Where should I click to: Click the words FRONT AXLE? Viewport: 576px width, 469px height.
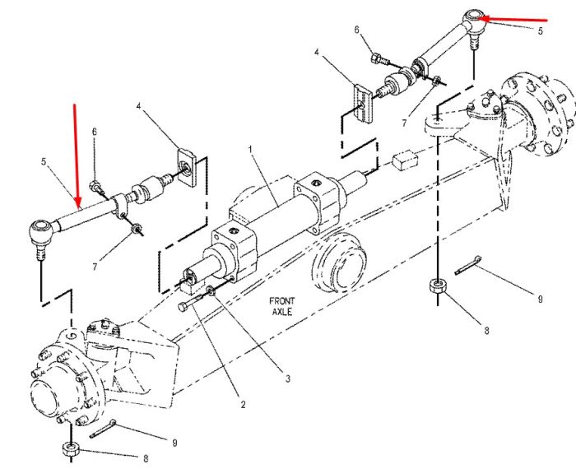[x=282, y=306]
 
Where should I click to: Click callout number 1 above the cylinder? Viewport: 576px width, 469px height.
[x=250, y=149]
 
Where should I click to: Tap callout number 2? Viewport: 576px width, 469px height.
[x=243, y=404]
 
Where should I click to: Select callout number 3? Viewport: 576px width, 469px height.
[x=288, y=378]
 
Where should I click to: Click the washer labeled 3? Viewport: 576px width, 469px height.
[x=211, y=290]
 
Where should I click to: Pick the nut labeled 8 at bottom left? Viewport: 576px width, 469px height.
[x=70, y=449]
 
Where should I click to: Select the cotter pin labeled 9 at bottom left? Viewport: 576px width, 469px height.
[x=103, y=429]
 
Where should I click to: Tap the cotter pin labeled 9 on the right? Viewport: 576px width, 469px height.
[x=467, y=265]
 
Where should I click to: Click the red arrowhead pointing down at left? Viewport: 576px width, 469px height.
[x=77, y=202]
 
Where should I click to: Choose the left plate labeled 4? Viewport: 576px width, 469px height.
[x=188, y=167]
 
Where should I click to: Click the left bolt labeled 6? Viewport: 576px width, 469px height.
[x=96, y=188]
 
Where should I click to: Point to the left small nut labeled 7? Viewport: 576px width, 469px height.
[x=137, y=229]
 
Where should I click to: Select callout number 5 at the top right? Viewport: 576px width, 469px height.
[x=540, y=30]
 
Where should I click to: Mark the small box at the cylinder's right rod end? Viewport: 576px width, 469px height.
[x=406, y=160]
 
